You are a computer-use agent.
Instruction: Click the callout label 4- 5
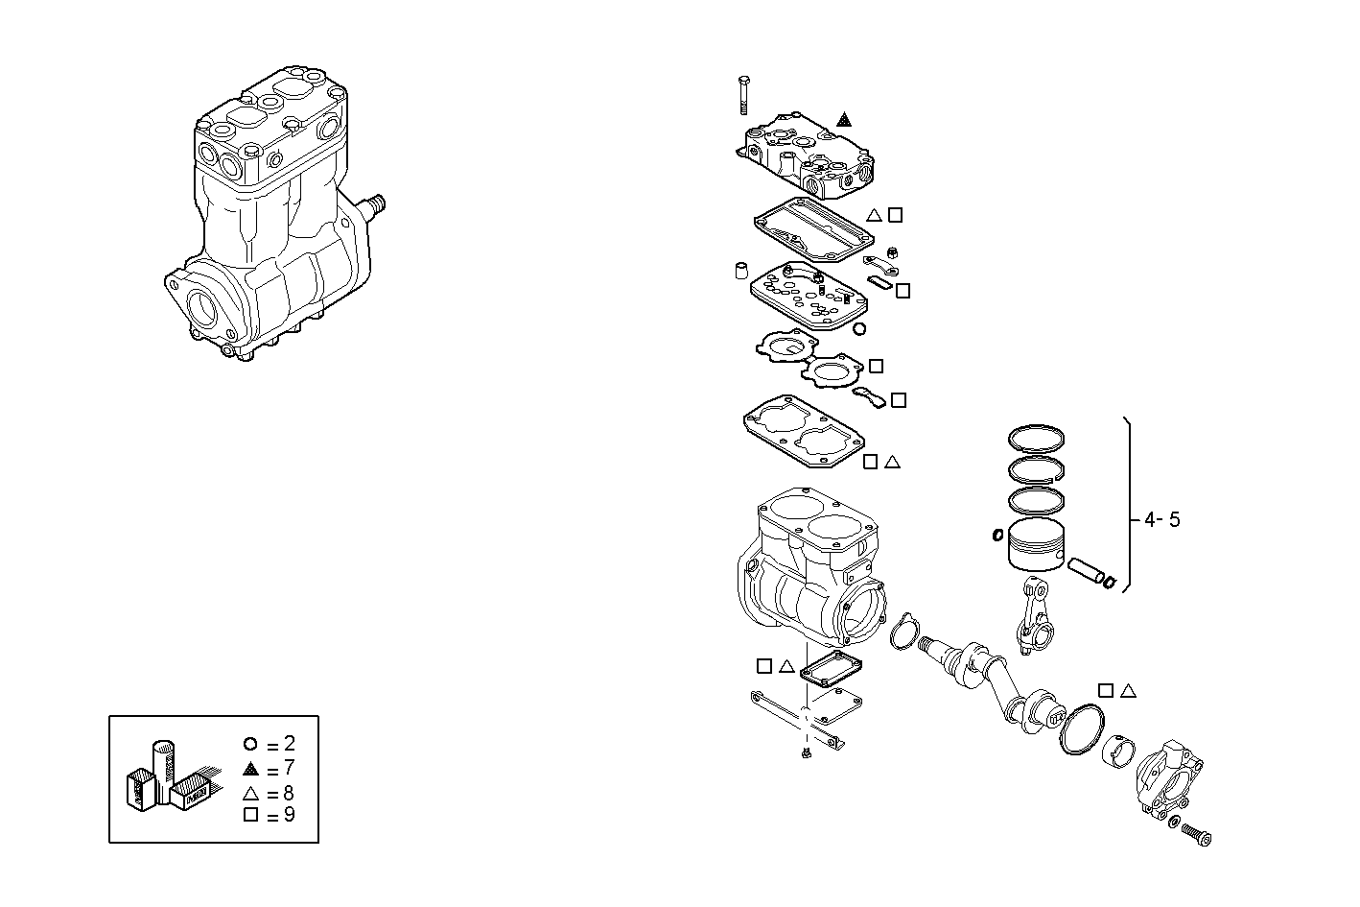1161,520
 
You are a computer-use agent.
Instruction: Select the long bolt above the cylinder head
743,95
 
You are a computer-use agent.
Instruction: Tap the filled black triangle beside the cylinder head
843,120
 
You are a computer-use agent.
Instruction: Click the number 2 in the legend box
289,744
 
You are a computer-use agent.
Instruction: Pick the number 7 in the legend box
289,768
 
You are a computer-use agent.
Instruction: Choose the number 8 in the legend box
289,793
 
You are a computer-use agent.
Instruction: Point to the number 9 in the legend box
289,816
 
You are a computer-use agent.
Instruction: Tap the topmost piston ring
1036,438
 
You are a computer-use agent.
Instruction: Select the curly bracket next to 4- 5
1131,504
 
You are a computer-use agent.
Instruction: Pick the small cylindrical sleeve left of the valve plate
741,269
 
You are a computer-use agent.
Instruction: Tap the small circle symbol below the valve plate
859,329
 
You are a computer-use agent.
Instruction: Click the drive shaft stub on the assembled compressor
375,204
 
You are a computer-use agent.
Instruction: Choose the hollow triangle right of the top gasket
874,215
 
